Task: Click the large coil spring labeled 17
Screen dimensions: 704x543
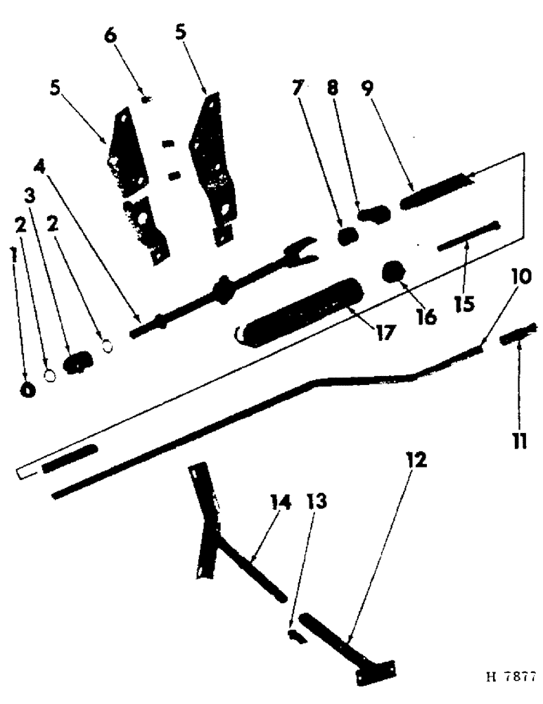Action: pos(299,310)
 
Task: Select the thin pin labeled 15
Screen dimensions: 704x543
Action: pos(468,234)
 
